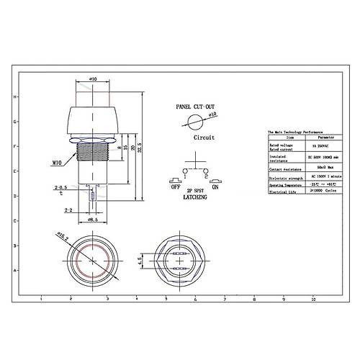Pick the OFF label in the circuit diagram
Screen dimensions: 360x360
[x=174, y=186]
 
